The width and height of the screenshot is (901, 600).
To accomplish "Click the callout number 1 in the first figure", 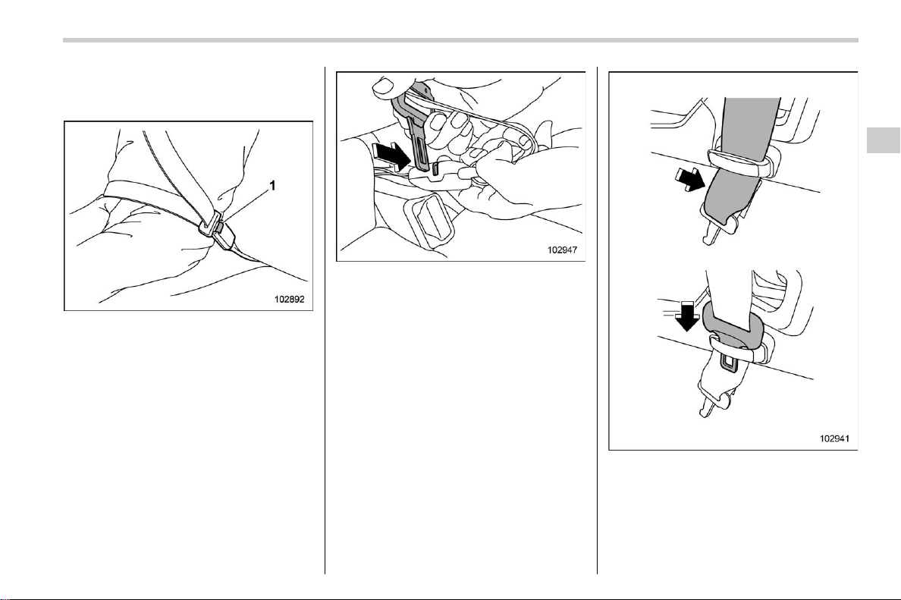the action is click(272, 186).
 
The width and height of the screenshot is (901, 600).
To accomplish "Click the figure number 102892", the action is click(289, 299).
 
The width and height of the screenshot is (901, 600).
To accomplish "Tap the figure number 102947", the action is click(562, 250).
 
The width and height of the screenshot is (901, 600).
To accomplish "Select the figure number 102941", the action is click(834, 438).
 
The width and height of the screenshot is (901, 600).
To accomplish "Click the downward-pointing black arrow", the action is click(686, 317).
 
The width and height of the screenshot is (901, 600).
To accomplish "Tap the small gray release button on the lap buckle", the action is click(219, 229).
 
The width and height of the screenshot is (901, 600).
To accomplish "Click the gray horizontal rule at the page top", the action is click(460, 40).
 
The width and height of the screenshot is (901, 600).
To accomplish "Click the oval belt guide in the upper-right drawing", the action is click(741, 163).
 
